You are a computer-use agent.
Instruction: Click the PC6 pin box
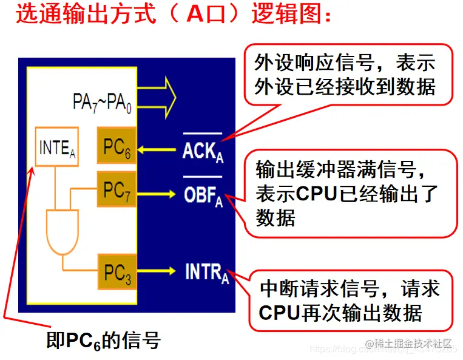coord(116,146)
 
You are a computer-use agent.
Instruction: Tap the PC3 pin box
coord(116,272)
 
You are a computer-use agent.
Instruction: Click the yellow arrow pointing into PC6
coord(158,148)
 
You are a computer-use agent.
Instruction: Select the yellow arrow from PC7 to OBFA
coord(158,193)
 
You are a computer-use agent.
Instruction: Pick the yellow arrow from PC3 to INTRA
coord(158,271)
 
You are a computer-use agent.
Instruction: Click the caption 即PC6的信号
coord(104,341)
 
